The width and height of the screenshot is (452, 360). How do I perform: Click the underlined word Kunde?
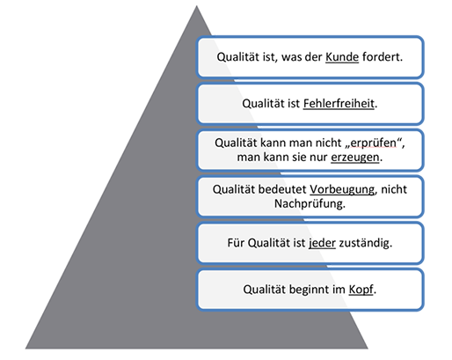coord(342,57)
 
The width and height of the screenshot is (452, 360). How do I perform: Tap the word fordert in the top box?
coord(383,56)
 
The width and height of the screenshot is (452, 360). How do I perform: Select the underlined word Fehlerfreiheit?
coord(339,104)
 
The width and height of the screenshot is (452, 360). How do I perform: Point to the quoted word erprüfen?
coord(373,143)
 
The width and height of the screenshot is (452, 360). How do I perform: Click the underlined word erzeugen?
coord(355,158)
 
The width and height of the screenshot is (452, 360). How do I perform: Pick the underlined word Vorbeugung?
coord(342,189)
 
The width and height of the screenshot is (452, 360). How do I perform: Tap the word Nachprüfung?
coord(310,203)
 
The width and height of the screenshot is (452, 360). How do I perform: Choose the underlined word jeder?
coord(322,243)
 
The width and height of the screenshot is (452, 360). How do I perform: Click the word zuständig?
coord(366,243)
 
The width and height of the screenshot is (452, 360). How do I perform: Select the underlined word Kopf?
coord(361,290)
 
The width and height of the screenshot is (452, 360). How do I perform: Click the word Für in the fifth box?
coord(236,243)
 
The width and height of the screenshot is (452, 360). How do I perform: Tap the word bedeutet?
coord(282,189)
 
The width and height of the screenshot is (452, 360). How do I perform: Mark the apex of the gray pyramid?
coord(196,5)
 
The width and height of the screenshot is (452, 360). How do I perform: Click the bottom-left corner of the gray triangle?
coord(26,349)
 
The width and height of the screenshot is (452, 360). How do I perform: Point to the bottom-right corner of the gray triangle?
coord(368,349)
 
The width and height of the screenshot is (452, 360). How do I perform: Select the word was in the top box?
coord(291,57)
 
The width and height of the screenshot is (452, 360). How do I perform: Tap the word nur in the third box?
coord(318,158)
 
